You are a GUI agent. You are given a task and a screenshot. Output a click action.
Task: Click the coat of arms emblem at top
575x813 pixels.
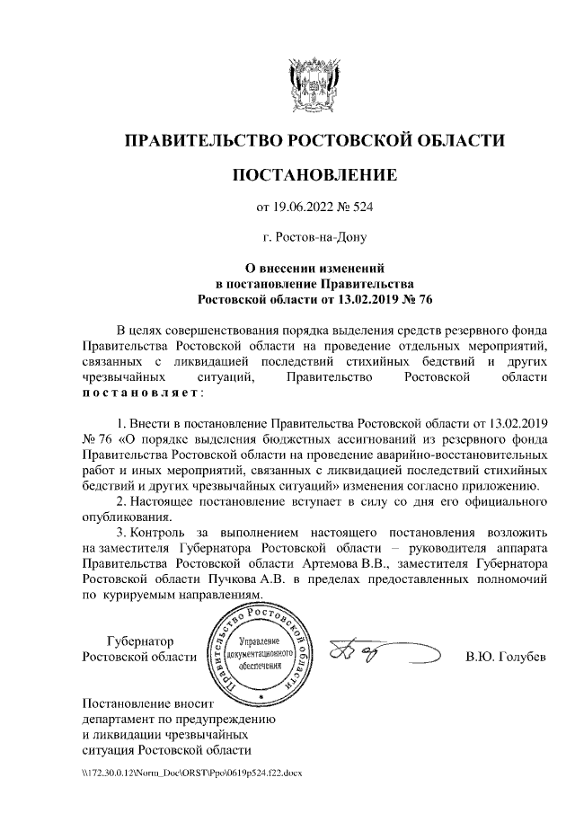314,84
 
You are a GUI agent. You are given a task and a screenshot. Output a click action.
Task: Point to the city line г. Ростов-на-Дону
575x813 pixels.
314,238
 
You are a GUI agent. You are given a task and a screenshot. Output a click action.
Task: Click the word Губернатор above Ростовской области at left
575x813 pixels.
140,641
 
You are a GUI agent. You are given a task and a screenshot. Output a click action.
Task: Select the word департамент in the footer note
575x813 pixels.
118,719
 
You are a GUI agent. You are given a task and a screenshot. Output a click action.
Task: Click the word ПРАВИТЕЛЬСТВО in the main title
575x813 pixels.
202,140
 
